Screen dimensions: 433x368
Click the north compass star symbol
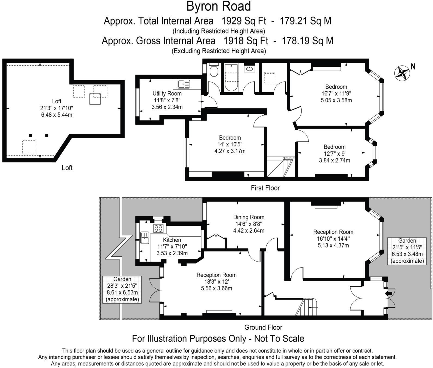pos(402,73)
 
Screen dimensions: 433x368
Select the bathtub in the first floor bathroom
pos(232,77)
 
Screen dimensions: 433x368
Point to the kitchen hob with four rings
pos(159,228)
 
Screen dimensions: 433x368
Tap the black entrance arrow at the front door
pos(389,293)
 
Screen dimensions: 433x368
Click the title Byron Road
pos(218,7)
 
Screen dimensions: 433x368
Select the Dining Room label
pos(249,217)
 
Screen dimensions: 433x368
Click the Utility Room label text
pos(167,94)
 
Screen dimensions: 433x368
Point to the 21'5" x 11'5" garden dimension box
pos(407,251)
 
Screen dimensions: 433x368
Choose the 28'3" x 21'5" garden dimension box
pos(122,289)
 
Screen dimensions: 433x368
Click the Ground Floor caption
pos(263,327)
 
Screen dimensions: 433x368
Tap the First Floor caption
pos(265,188)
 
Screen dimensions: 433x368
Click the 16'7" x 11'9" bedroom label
pos(336,93)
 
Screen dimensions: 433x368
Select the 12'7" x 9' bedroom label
pos(335,154)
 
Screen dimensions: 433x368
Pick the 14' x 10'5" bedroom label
pos(230,144)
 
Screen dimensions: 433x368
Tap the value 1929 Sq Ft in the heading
pos(244,21)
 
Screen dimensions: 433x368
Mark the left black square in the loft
pos(31,135)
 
